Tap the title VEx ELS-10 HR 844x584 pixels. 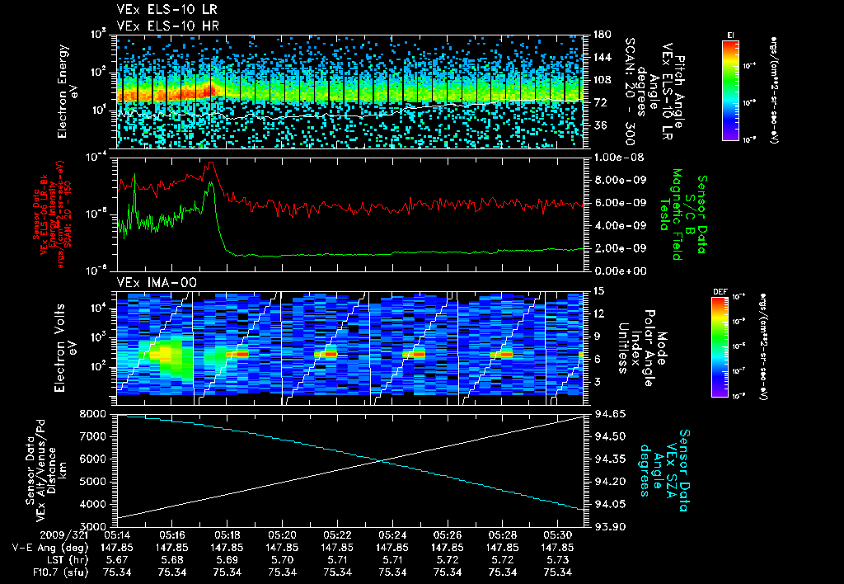point(156,26)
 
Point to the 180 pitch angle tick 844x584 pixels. point(600,35)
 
